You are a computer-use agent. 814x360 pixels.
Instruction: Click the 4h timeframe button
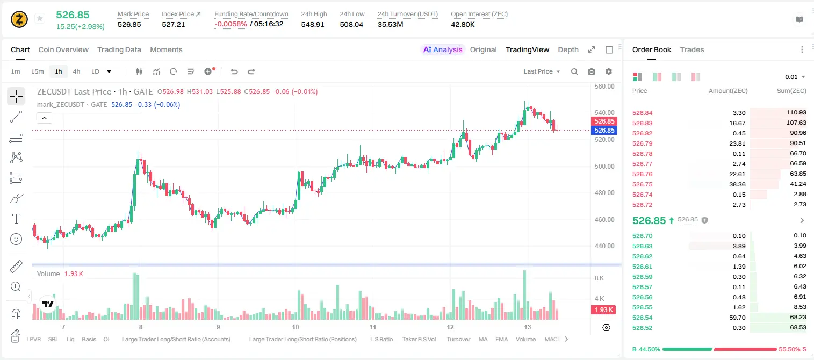[76, 71]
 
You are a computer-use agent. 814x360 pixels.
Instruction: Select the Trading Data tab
[119, 49]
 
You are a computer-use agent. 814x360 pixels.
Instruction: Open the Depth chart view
[568, 49]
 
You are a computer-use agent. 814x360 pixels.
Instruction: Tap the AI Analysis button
[443, 49]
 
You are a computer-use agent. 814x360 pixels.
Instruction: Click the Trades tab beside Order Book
[692, 49]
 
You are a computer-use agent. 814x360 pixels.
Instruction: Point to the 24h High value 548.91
[313, 24]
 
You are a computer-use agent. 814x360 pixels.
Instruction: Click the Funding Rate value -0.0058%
[230, 24]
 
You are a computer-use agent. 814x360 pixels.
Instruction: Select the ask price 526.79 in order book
[642, 143]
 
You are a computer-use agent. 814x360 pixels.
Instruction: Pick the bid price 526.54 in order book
[642, 318]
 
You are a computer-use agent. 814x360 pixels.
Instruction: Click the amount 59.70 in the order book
[737, 318]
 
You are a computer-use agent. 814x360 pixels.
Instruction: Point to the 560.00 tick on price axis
[604, 87]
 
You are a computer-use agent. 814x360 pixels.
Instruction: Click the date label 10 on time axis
[296, 327]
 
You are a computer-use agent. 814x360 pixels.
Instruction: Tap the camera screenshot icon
[591, 71]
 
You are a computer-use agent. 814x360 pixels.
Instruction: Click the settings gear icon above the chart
[609, 71]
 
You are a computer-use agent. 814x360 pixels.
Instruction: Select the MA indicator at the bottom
[483, 339]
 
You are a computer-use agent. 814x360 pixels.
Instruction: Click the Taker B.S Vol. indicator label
[419, 339]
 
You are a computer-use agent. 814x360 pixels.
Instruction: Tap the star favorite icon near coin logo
[40, 18]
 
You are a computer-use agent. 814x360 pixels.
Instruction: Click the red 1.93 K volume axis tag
[603, 310]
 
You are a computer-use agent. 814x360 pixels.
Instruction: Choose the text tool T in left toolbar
[16, 219]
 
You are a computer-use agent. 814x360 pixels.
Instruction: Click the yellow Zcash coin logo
[19, 19]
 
